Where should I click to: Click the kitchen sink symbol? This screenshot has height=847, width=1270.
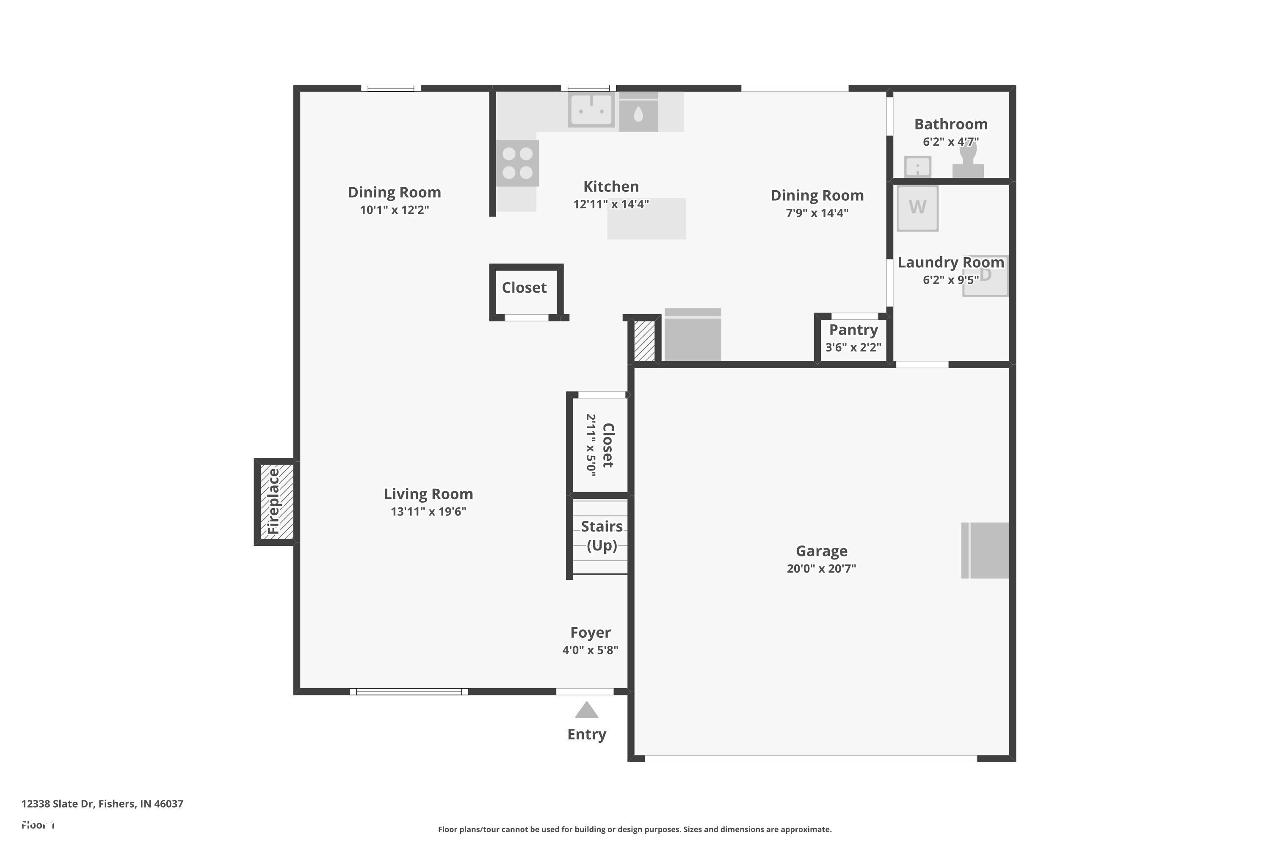pos(591,110)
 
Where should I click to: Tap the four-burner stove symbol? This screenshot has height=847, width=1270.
pos(517,163)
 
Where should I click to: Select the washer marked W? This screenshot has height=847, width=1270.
pos(917,208)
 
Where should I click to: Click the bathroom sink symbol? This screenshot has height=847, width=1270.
pos(917,166)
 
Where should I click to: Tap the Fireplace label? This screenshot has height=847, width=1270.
pos(274,501)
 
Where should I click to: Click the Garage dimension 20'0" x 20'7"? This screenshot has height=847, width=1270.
pos(821,568)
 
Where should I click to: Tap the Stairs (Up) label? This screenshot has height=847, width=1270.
pos(602,535)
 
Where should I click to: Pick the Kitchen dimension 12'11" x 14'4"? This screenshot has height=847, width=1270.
pos(611,204)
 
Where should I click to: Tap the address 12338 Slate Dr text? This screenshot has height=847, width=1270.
pos(102,804)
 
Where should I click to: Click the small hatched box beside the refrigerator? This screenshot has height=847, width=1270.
pos(643,341)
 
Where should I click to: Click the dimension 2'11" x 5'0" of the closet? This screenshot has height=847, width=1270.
pos(591,445)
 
